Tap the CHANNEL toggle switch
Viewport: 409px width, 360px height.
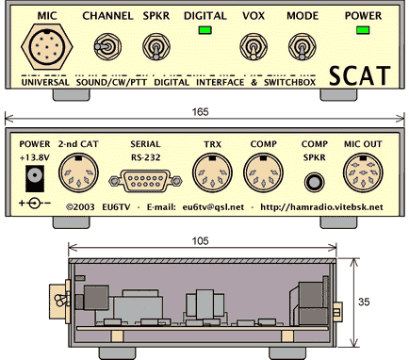coord(106,46)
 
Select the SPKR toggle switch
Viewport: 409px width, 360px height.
coord(154,46)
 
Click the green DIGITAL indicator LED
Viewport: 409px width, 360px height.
coord(204,32)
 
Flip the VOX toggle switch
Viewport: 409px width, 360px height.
coord(253,46)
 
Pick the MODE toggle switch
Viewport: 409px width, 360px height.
coord(301,46)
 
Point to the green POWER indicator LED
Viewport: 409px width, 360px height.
coord(363,32)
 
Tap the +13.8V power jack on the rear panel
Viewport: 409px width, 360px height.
coord(37,175)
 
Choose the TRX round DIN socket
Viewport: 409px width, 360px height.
coord(211,173)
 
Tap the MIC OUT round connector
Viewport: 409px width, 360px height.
coord(364,173)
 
